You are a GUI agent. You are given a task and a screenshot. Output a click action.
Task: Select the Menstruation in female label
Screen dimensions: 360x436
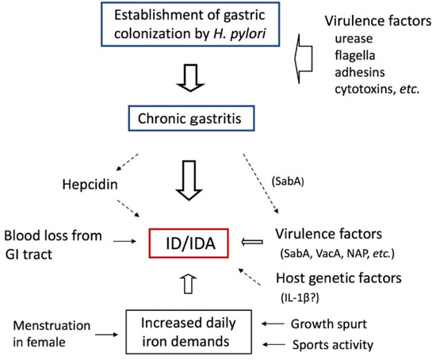point(58,332)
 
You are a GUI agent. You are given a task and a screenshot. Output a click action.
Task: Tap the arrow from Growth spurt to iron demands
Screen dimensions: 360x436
point(273,324)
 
